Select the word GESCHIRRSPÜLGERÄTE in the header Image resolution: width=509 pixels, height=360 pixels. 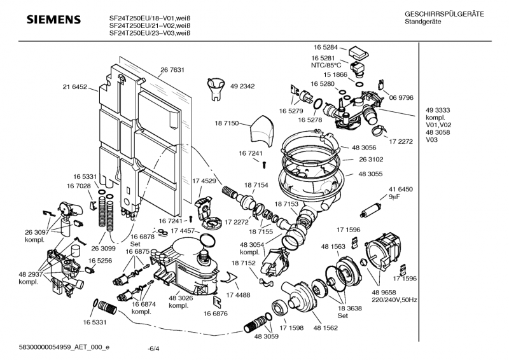pos(444,14)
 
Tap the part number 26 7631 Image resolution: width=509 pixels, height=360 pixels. pos(172,70)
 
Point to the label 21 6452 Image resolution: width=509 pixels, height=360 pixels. pos(76,87)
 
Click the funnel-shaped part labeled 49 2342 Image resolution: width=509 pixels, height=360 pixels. pos(216,87)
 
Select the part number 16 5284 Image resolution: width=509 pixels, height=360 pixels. pos(325,48)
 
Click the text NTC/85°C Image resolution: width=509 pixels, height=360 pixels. pos(326,65)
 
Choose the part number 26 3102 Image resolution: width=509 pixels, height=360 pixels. pos(372,160)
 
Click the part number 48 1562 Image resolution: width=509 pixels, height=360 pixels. pos(325,329)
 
